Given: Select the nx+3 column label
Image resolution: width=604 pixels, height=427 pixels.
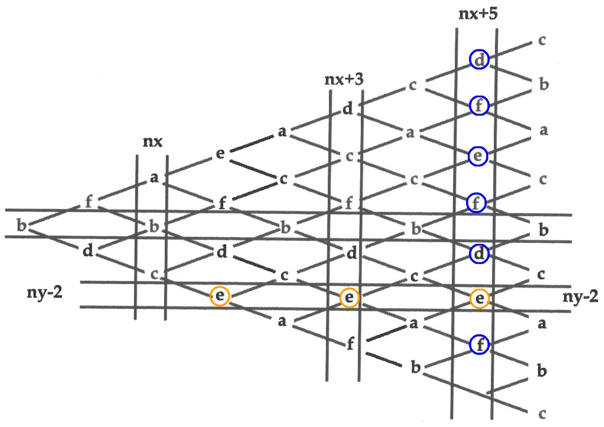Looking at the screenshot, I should point(344,79).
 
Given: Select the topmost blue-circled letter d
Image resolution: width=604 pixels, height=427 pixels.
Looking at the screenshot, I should point(479,59).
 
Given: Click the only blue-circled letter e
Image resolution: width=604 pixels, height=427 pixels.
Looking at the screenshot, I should point(478,156).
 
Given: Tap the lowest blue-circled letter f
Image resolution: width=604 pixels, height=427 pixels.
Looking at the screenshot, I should point(479,344).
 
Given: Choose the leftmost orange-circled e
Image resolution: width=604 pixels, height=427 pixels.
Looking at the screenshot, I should point(220,296).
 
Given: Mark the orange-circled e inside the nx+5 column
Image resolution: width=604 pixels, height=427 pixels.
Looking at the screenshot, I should point(479,298).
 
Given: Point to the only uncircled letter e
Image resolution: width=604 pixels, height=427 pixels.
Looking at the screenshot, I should point(220,153).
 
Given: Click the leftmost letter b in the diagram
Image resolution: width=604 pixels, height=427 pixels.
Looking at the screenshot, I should point(22,226).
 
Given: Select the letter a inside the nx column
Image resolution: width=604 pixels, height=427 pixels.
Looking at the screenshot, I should point(154,178).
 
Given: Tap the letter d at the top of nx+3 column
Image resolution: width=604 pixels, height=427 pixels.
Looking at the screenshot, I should point(348,109).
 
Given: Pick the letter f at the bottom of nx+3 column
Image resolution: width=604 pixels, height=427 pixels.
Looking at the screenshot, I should point(350,344).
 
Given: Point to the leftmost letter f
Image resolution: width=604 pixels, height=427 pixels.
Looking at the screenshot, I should point(89,202).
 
